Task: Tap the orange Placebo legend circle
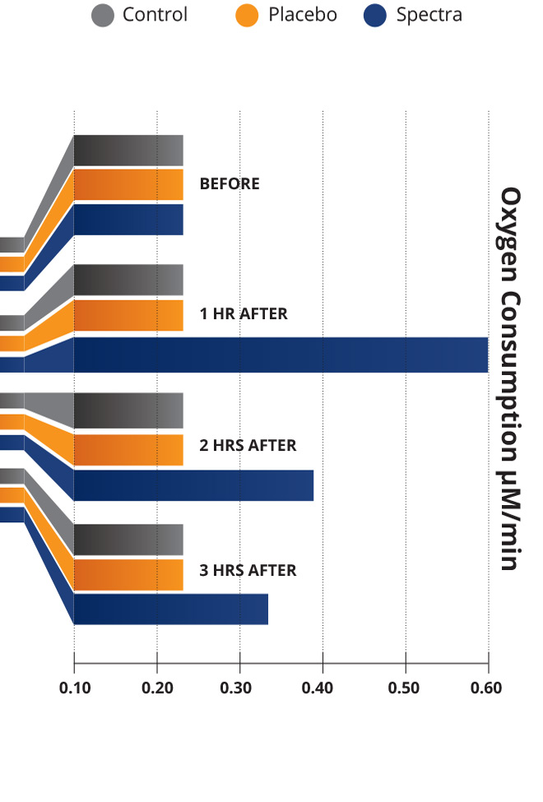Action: [x=248, y=15]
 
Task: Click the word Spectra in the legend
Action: [x=429, y=15]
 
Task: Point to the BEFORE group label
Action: [x=230, y=184]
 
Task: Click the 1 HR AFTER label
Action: [x=244, y=313]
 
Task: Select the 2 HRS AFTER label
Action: [x=248, y=445]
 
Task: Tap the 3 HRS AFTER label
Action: [x=248, y=569]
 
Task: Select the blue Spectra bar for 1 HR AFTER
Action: [x=281, y=355]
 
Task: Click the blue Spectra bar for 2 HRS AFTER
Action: [x=193, y=485]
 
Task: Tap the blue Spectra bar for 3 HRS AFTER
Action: [x=170, y=609]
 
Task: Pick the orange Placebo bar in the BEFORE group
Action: [x=128, y=184]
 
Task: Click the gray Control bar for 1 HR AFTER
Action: [x=128, y=280]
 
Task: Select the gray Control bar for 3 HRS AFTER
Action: [x=128, y=539]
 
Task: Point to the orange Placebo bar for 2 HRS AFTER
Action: [x=128, y=450]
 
